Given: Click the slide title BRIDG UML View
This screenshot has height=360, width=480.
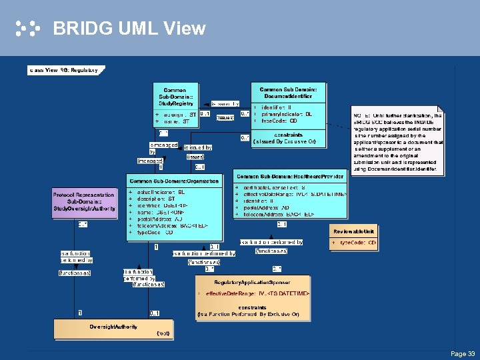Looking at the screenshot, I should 129,29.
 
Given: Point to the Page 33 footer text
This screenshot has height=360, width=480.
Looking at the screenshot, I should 463,353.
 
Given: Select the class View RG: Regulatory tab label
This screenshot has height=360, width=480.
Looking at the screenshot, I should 63,69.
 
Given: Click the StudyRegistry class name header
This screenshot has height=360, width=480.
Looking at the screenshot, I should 176,97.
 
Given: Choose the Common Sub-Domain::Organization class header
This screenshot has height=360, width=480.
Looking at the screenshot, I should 174,181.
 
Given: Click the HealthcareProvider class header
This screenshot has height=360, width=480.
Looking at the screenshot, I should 291,177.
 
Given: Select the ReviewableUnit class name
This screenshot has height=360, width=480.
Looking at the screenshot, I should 353,231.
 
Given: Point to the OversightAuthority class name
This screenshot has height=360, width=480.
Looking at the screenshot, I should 113,326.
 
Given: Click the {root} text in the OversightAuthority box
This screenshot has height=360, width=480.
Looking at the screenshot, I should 162,333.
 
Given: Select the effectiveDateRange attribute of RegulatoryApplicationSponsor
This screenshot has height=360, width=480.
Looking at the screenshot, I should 257,293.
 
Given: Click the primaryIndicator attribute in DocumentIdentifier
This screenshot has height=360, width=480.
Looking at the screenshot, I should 286,114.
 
